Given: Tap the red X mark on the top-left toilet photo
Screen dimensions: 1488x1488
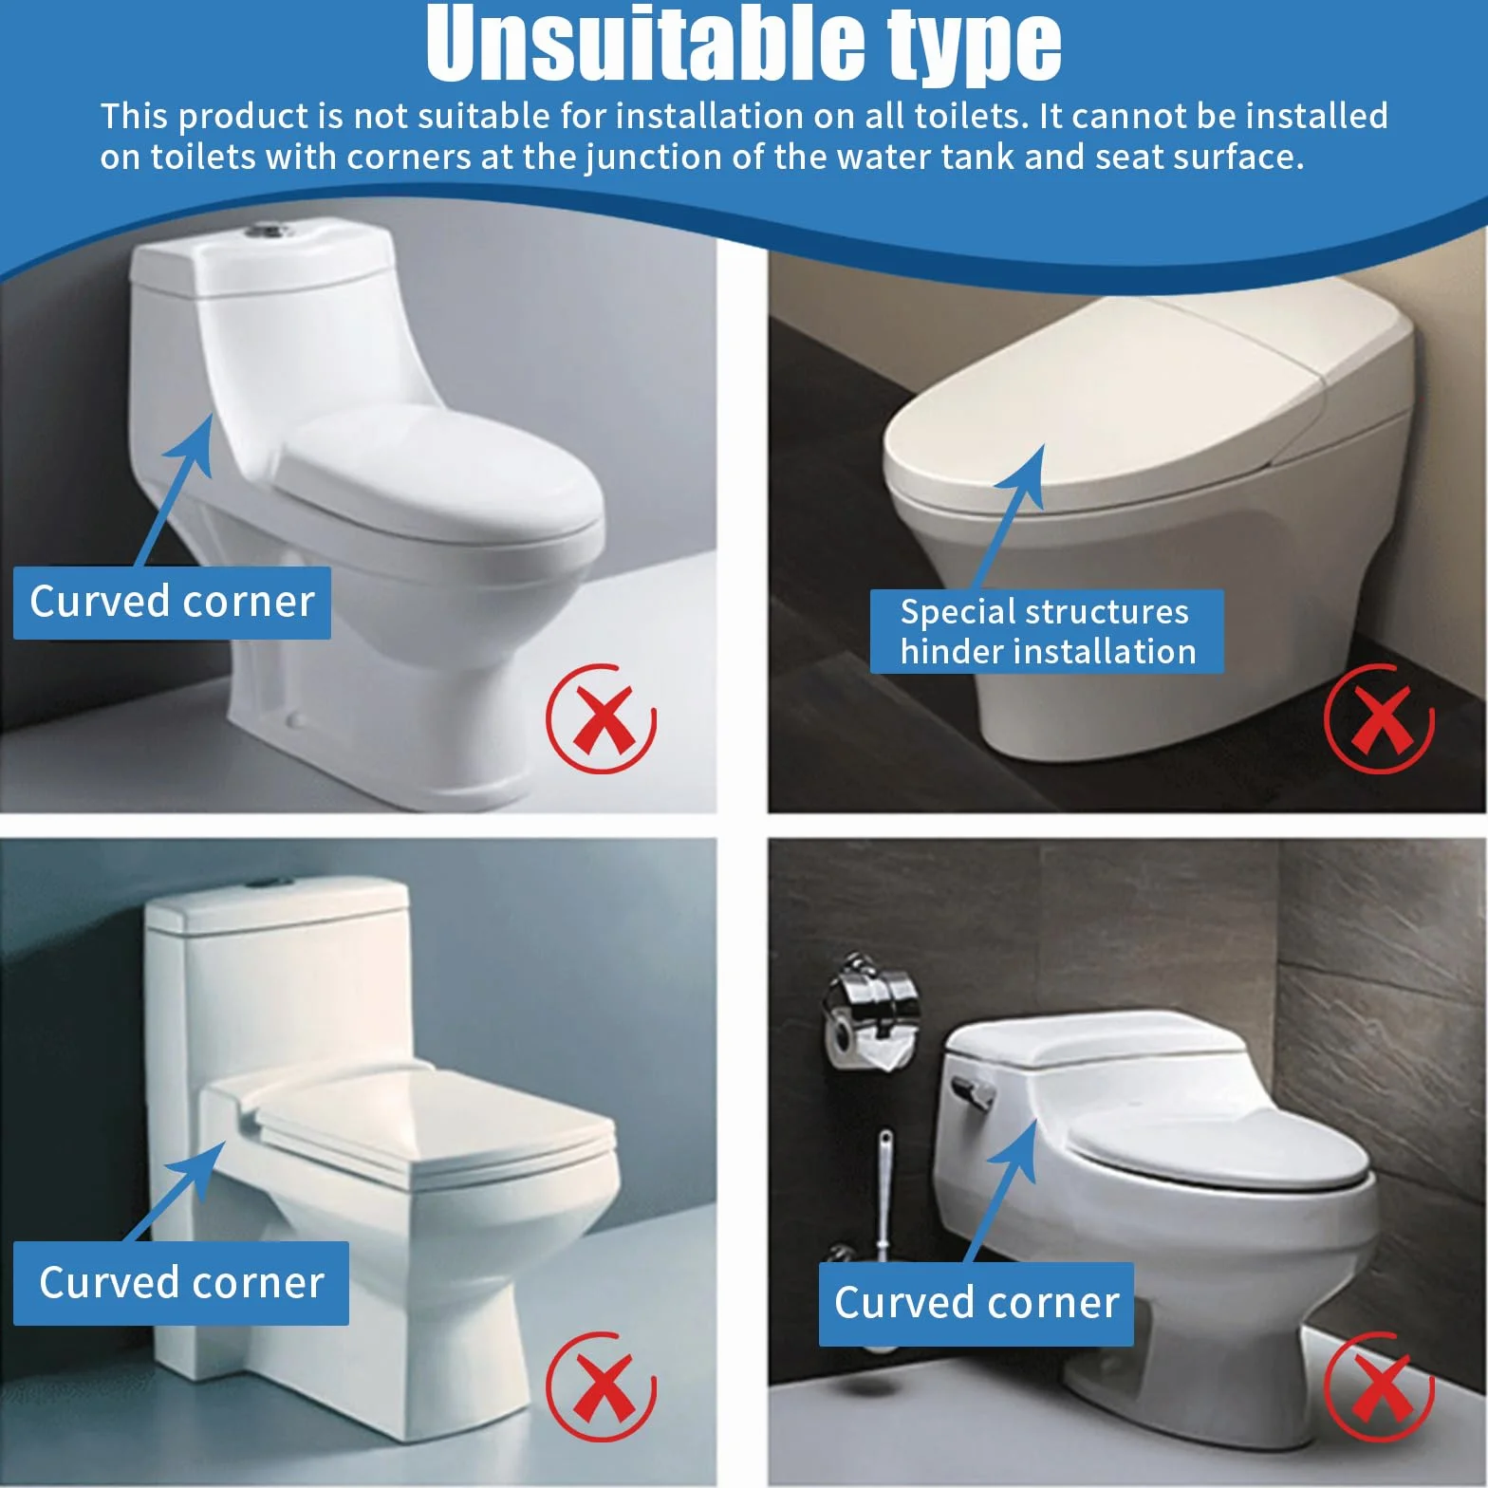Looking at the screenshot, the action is (x=602, y=718).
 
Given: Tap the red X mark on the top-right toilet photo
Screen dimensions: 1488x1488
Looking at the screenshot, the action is (x=1380, y=718).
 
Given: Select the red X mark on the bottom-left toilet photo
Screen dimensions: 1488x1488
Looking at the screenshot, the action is (x=602, y=1386).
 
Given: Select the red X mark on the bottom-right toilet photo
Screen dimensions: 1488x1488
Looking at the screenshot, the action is (x=1380, y=1386).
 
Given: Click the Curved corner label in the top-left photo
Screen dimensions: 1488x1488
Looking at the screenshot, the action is (x=172, y=603).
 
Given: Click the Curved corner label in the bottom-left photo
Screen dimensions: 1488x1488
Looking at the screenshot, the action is (x=181, y=1283).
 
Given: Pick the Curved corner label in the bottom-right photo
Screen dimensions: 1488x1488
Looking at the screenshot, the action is (x=976, y=1304).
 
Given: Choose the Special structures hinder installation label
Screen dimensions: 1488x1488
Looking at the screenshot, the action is (x=1047, y=631).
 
